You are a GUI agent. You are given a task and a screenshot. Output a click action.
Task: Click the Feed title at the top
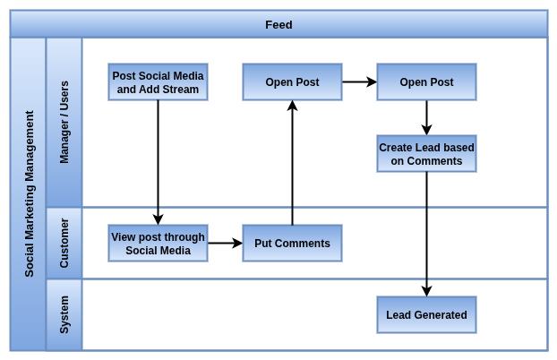click(278, 25)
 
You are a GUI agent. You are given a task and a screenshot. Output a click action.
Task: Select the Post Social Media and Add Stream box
click(159, 82)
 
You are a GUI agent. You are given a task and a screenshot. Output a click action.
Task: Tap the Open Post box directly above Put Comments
click(292, 82)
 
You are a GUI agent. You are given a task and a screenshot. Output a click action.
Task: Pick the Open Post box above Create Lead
click(426, 82)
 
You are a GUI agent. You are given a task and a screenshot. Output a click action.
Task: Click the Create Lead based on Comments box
click(426, 154)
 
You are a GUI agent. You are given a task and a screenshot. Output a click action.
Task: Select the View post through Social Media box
click(159, 244)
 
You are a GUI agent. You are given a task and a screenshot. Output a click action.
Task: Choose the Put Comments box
click(292, 244)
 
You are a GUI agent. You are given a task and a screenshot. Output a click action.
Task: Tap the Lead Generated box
click(426, 315)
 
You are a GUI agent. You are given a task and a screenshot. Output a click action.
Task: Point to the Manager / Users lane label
click(64, 123)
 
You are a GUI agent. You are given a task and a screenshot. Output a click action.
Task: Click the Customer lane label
click(64, 243)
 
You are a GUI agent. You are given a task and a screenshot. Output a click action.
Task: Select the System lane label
click(64, 315)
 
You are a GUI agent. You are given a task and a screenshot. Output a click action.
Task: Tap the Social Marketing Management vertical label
click(30, 193)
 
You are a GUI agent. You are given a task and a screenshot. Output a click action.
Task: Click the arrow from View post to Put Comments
click(225, 244)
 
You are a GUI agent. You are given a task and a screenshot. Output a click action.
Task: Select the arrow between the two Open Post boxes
click(359, 82)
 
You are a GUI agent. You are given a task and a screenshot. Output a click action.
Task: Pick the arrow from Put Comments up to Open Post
click(292, 163)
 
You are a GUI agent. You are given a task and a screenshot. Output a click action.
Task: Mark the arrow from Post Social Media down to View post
click(159, 163)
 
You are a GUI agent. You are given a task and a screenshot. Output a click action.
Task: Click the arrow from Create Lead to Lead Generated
click(426, 235)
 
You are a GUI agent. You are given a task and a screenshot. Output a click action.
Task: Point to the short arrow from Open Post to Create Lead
click(426, 118)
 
